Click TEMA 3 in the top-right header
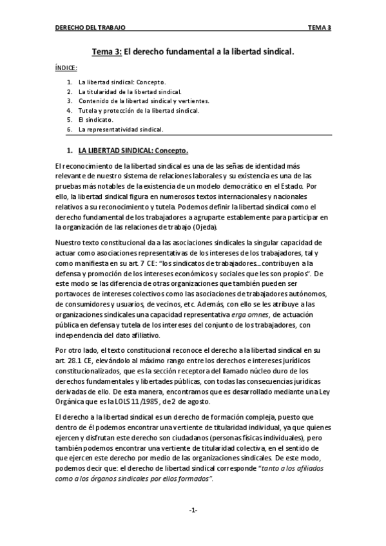[319, 28]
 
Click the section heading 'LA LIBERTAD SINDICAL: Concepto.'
[133, 151]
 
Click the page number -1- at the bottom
[193, 510]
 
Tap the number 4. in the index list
[69, 110]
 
